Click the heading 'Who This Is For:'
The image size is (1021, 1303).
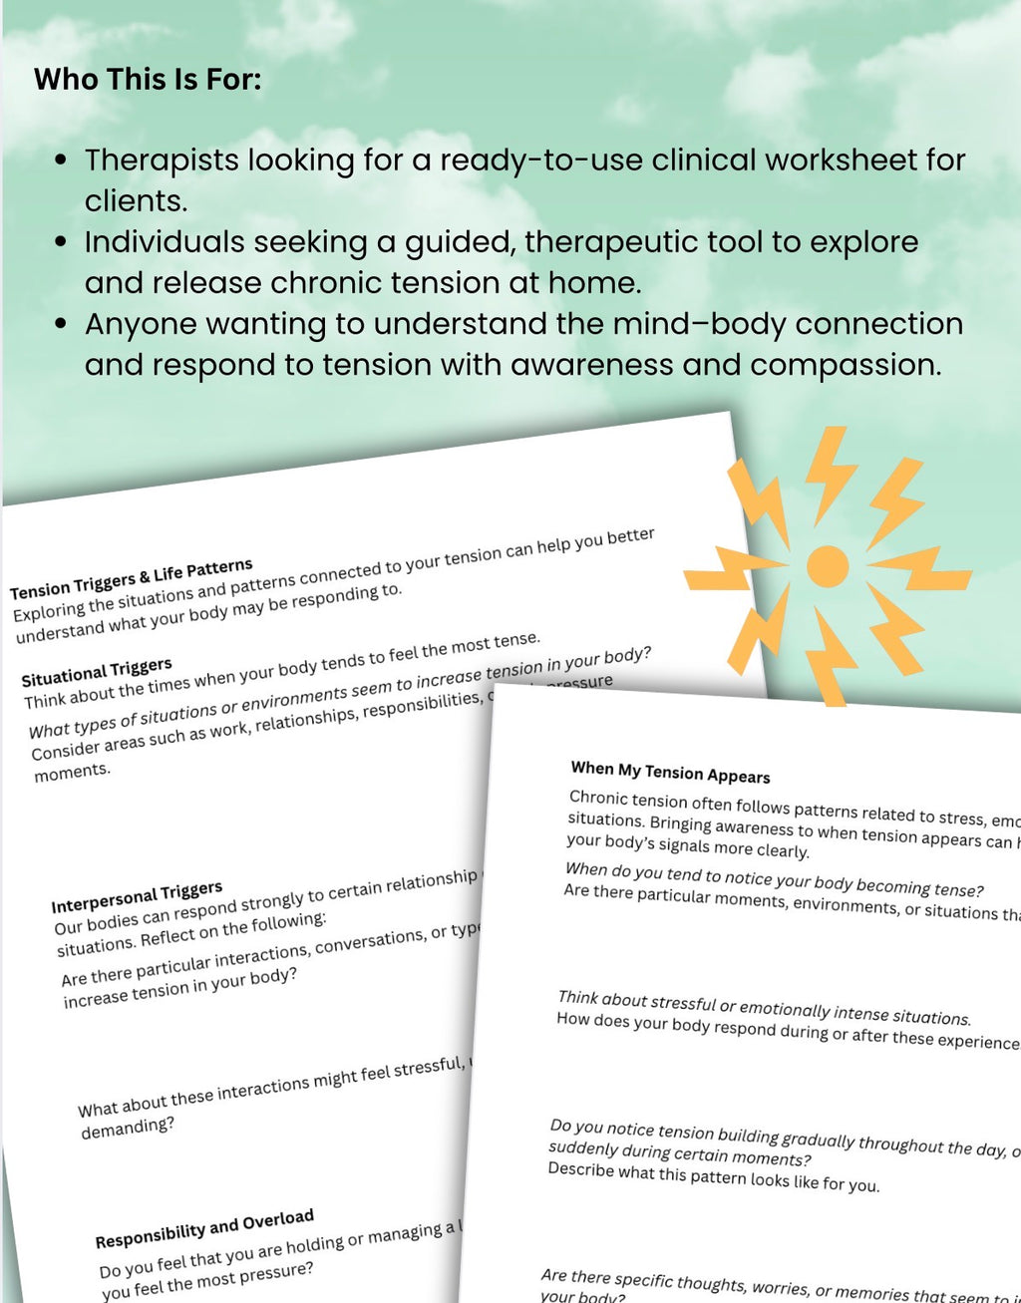pos(148,79)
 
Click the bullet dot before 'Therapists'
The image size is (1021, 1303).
pos(62,161)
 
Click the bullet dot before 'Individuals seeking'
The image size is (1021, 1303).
pos(62,242)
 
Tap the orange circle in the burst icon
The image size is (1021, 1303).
pos(827,566)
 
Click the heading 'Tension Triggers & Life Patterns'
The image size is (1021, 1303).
pos(132,578)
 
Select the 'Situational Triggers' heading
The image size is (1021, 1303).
pos(97,673)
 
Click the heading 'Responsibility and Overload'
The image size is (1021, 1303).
pos(204,1229)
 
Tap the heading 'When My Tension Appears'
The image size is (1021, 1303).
pos(670,773)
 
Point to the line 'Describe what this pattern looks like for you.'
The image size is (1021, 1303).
pos(713,1177)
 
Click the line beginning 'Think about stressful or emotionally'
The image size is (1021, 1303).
pos(764,1009)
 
